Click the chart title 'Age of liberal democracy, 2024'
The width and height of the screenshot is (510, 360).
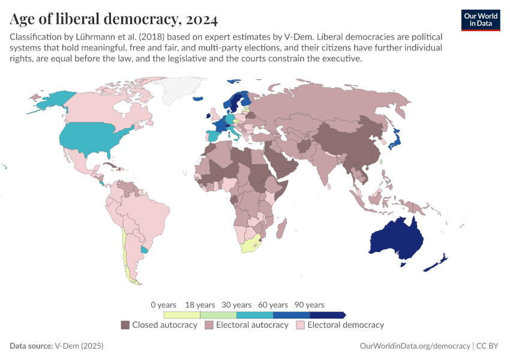113,19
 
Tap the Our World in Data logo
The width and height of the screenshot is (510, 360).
480,20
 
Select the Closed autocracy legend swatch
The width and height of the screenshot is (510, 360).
125,325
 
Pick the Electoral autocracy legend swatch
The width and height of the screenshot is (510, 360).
209,325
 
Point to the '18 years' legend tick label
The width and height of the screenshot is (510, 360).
200,305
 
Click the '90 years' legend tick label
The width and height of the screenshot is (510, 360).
310,305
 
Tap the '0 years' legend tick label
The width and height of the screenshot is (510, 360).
163,305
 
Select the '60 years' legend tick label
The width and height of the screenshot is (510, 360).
273,305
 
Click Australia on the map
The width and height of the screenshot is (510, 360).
396,240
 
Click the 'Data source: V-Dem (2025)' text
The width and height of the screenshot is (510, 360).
57,346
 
